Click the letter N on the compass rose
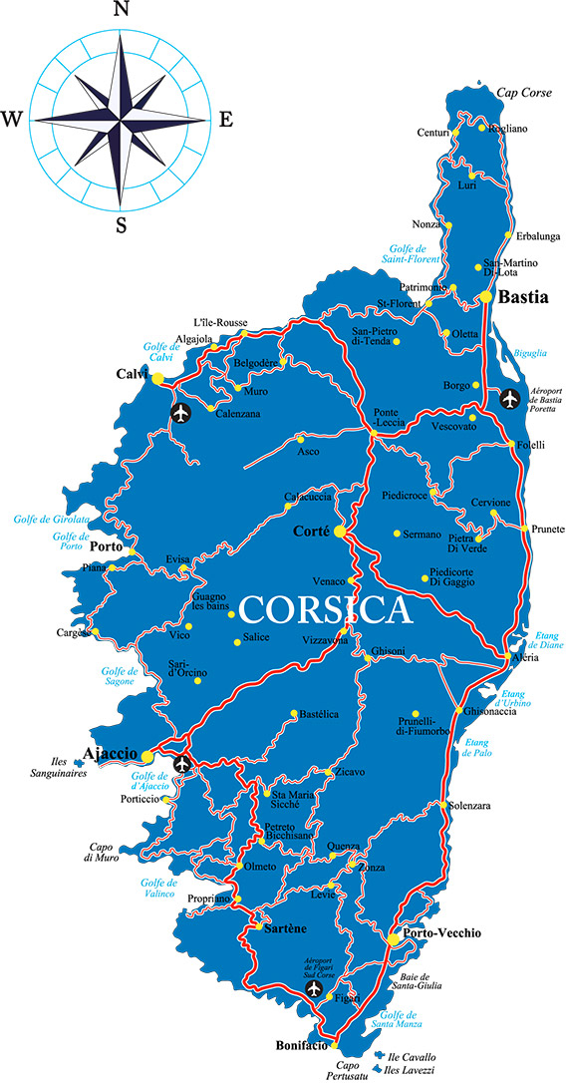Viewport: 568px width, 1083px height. click(122, 11)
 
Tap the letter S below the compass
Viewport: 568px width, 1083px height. click(121, 225)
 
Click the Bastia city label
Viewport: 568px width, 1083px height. click(524, 297)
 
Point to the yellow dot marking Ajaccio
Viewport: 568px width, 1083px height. click(147, 756)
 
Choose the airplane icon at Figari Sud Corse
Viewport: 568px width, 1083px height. click(315, 989)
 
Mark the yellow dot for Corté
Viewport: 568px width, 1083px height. click(340, 532)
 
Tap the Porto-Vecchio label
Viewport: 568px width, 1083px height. click(442, 934)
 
